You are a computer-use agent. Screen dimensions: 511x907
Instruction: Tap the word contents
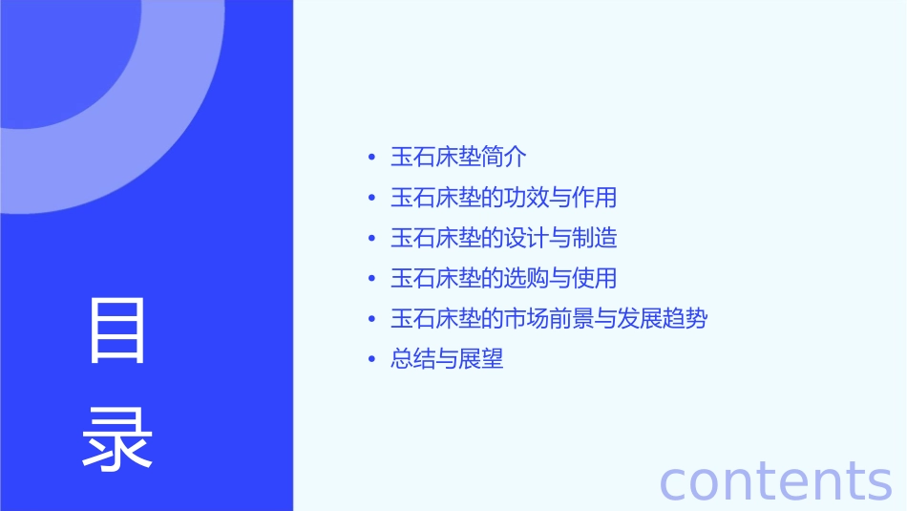point(775,480)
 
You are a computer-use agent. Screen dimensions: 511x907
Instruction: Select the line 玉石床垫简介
point(458,157)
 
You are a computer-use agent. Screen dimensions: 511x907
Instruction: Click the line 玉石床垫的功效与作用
point(503,198)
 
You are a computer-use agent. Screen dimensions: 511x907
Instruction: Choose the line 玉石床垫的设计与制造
point(503,238)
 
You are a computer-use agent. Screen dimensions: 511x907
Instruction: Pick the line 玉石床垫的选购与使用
point(503,278)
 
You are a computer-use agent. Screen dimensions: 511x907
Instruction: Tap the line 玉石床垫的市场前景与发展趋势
point(549,319)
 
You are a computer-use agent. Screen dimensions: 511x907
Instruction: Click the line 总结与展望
point(447,359)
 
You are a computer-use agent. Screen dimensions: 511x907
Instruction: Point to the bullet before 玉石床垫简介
point(371,158)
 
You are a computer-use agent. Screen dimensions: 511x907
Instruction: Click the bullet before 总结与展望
point(371,360)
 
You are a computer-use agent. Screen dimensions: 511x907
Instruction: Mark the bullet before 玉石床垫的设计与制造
point(371,239)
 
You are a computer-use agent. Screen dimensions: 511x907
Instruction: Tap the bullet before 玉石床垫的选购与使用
point(371,279)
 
